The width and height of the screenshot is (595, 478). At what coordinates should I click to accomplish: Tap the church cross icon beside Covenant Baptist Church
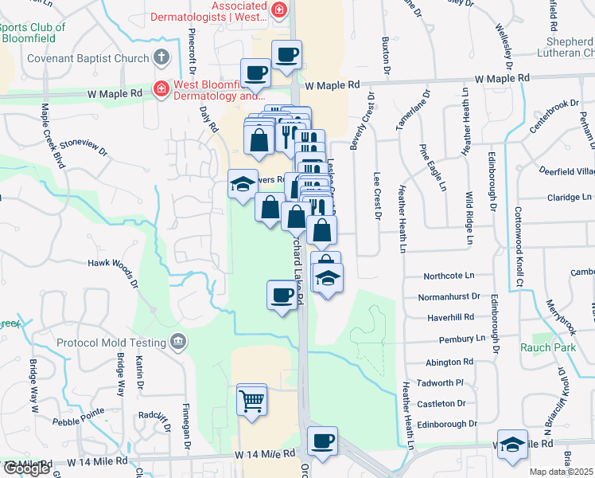[x=161, y=57]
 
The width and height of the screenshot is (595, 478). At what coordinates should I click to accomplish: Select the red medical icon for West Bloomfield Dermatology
[x=161, y=88]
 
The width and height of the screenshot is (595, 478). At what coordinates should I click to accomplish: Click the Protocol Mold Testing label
[x=111, y=343]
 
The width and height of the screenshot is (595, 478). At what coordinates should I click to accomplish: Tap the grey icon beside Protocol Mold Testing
[x=178, y=343]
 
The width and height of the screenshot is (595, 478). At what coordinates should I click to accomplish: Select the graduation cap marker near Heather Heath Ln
[x=513, y=446]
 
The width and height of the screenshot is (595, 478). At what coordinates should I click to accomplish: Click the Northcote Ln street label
[x=449, y=276]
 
